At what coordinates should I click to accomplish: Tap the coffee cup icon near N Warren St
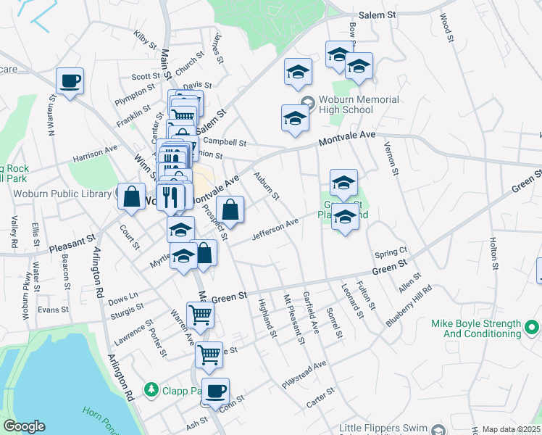pyautogui.click(x=70, y=81)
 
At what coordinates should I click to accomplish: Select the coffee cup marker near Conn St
pyautogui.click(x=214, y=391)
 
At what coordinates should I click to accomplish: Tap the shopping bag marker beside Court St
pyautogui.click(x=133, y=197)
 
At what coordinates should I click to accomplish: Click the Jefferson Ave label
pyautogui.click(x=275, y=230)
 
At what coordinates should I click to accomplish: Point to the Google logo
pyautogui.click(x=23, y=426)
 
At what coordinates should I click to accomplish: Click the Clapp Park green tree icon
pyautogui.click(x=151, y=389)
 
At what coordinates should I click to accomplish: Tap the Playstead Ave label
pyautogui.click(x=304, y=374)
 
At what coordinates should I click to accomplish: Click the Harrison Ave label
pyautogui.click(x=94, y=153)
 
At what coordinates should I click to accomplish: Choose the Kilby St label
pyautogui.click(x=146, y=39)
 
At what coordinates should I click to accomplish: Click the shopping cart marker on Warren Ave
pyautogui.click(x=199, y=315)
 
